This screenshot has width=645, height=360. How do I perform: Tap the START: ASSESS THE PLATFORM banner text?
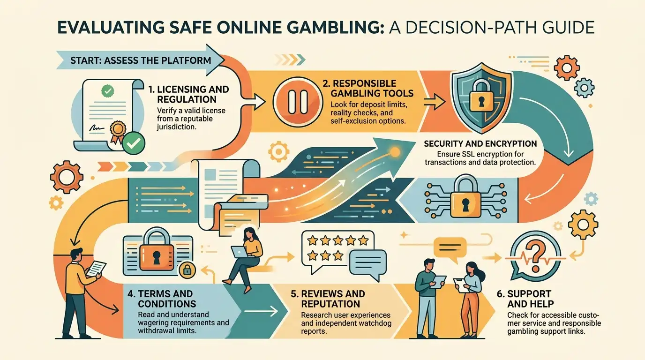141,60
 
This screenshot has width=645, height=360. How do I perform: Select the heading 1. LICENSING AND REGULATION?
189,94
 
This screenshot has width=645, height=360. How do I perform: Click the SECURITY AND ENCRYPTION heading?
480,144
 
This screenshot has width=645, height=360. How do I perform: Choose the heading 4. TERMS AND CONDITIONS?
162,299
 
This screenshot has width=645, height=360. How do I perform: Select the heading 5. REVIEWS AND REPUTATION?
328,299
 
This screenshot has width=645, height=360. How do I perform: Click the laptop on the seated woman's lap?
240,252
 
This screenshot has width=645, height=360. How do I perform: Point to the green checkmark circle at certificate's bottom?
133,142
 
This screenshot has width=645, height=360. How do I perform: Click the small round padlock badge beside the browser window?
187,270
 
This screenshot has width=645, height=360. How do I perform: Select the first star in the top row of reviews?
312,240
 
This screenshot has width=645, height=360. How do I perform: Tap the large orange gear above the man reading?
67,177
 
